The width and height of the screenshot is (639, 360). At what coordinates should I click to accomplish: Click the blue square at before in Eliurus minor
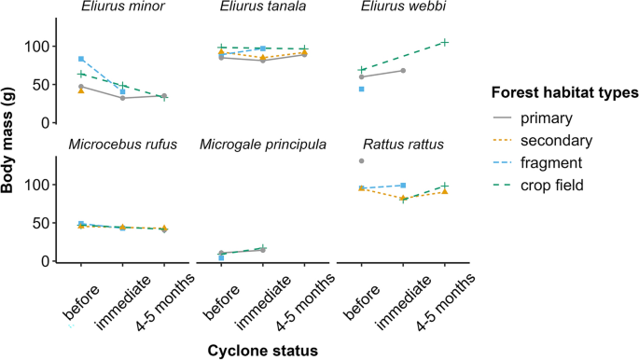[81, 60]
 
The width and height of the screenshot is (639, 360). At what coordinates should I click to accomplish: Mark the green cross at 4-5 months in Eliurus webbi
[445, 42]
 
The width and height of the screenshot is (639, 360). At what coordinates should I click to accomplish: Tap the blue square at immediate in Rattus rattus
[403, 186]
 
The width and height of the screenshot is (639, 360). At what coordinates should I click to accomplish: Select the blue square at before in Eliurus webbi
[361, 89]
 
